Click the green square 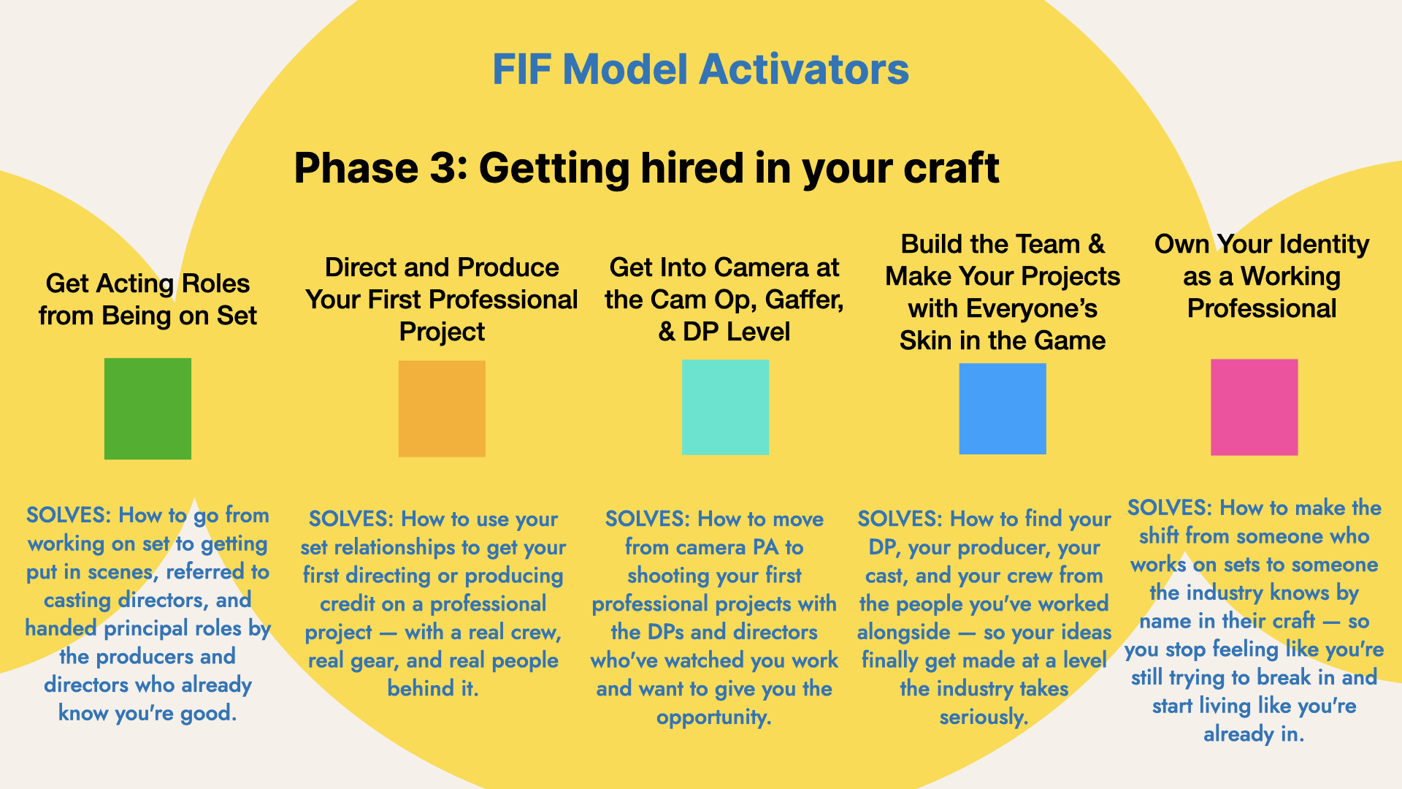(x=148, y=408)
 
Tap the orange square (x=442, y=408)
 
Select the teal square (x=725, y=407)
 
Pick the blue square (x=1003, y=408)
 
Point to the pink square (x=1254, y=407)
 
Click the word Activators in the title (x=804, y=69)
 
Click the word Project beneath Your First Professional (x=442, y=332)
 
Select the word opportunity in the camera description (x=714, y=717)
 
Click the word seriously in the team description (x=984, y=717)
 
